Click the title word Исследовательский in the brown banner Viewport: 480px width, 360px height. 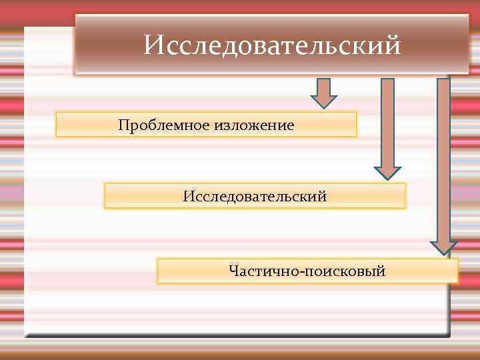pos(272,46)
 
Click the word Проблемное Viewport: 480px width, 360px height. pos(164,125)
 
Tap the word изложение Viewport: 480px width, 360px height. pos(254,125)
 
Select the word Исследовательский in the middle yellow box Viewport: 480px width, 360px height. pos(255,197)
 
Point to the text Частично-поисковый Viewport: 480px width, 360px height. pos(307,271)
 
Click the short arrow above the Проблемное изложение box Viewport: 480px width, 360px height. pos(324,93)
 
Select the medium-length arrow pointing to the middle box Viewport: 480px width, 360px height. pos(387,127)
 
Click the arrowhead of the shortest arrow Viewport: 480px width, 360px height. pos(324,102)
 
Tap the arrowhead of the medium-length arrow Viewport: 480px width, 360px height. pos(387,173)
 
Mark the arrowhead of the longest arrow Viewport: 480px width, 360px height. pos(443,247)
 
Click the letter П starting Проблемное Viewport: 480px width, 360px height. pos(123,125)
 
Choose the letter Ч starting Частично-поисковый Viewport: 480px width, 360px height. pos(233,271)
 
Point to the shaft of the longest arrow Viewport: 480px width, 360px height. pos(443,153)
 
